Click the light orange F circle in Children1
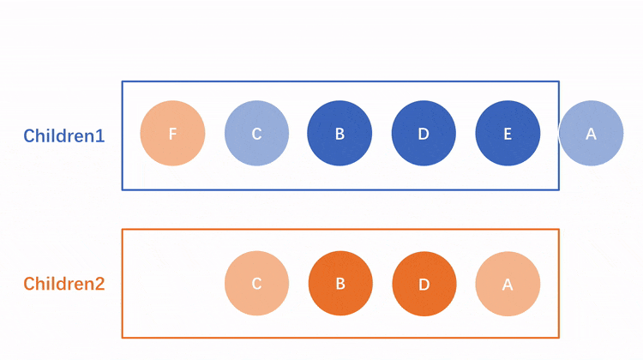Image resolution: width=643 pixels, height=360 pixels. coord(172,133)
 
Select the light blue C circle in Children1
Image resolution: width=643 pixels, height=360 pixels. coord(256,133)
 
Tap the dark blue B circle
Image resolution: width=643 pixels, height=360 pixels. coord(340,133)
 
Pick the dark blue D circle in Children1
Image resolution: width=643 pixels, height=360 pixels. coord(424,133)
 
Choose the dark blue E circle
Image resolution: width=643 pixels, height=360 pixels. coord(508,133)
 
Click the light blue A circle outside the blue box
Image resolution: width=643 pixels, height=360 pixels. coord(591,133)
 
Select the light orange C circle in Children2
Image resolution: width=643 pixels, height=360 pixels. coord(256,284)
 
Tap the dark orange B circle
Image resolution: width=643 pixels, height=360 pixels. coord(340,284)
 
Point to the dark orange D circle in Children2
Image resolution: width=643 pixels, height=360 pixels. coord(424,284)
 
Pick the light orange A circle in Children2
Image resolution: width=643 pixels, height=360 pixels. coord(508,284)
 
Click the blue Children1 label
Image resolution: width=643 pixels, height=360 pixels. coord(64,135)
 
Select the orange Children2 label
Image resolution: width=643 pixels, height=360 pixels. coord(64,284)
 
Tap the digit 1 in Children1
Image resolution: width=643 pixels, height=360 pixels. coord(100,135)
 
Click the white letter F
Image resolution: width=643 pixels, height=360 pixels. coord(172,134)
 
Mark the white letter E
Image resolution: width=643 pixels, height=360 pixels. coord(508,134)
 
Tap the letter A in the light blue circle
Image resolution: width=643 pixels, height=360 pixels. coord(591,134)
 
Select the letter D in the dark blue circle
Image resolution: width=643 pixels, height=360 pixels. coord(424,134)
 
